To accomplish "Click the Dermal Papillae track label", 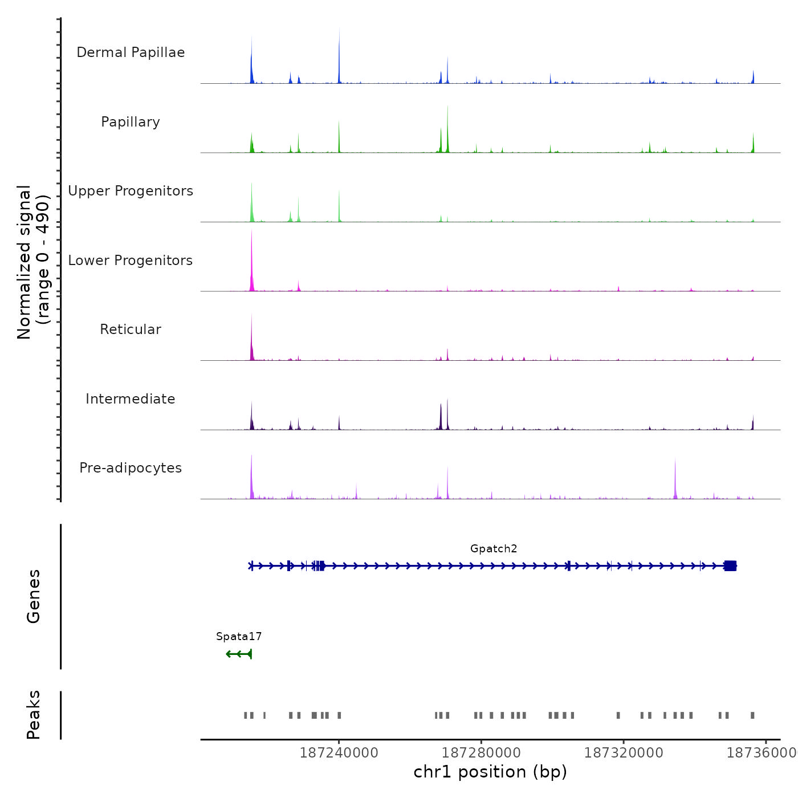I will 131,52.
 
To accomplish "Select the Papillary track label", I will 131,122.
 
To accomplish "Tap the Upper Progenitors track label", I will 131,191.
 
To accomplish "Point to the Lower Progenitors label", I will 131,260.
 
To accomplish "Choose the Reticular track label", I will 131,329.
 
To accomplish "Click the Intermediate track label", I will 131,399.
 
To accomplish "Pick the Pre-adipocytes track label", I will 131,468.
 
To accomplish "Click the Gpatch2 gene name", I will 494,549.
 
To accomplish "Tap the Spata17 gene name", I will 239,637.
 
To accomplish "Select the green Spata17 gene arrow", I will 239,654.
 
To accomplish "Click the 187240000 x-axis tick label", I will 339,753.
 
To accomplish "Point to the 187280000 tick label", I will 481,753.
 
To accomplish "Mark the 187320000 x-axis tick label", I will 624,753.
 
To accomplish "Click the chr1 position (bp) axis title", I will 490,772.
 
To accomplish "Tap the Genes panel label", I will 34,596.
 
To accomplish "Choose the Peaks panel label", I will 34,715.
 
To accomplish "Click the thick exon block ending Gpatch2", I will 730,565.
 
